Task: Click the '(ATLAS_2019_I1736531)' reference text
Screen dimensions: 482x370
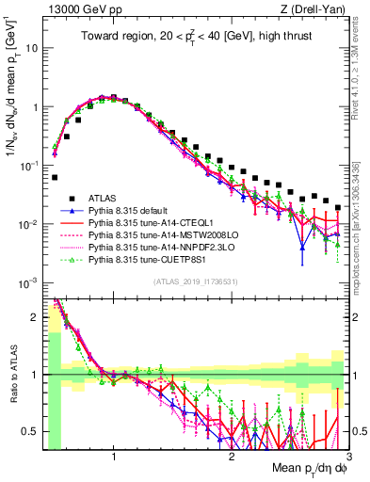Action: (x=195, y=281)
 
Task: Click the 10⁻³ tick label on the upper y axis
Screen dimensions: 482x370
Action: (x=28, y=282)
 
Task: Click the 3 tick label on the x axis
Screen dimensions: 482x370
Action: (x=349, y=458)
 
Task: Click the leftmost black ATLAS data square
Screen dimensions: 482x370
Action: (x=55, y=177)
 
